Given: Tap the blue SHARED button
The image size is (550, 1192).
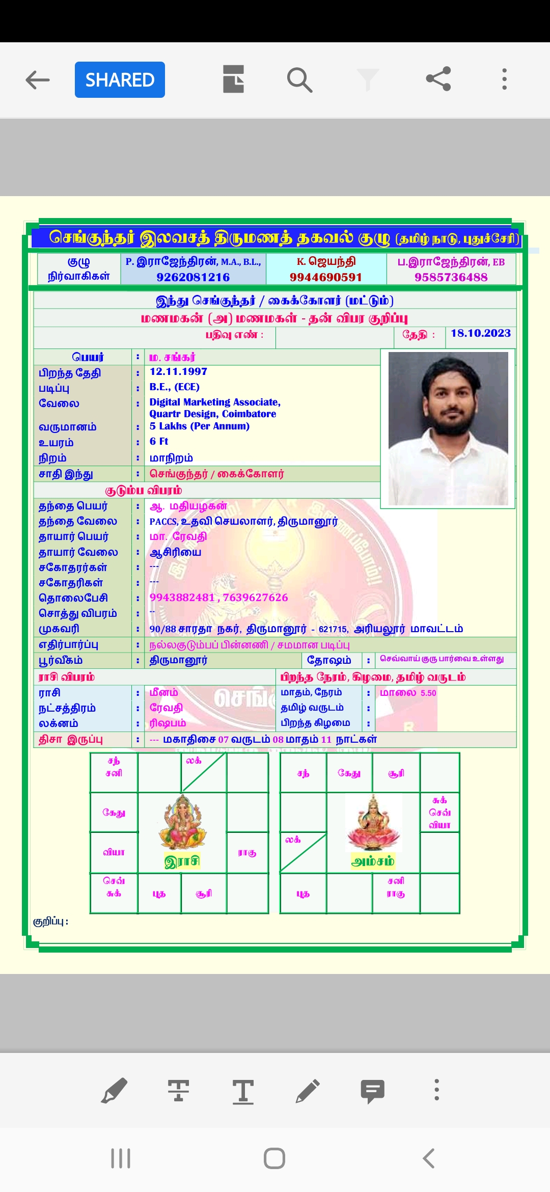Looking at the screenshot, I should pyautogui.click(x=120, y=79).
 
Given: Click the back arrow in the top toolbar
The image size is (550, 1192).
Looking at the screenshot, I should pyautogui.click(x=38, y=80).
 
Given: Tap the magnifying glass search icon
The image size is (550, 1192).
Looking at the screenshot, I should pyautogui.click(x=299, y=80).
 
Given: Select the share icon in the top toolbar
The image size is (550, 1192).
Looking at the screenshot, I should pyautogui.click(x=438, y=79).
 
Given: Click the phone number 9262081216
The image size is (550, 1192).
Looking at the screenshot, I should pyautogui.click(x=193, y=277).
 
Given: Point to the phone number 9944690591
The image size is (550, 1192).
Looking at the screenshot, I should pyautogui.click(x=326, y=277).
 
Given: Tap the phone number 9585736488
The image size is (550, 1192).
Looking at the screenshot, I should pyautogui.click(x=451, y=277).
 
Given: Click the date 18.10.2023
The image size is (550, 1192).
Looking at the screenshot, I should pyautogui.click(x=480, y=333).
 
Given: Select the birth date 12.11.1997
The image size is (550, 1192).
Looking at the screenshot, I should pyautogui.click(x=178, y=372).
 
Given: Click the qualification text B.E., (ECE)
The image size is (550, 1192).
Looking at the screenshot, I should pyautogui.click(x=174, y=387).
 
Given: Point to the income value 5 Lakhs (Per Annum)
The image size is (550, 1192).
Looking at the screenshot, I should pyautogui.click(x=199, y=426).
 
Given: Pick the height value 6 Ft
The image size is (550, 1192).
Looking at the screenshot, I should pyautogui.click(x=158, y=442).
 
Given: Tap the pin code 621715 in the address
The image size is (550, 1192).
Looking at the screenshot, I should pyautogui.click(x=333, y=630).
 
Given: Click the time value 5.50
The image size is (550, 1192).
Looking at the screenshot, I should pyautogui.click(x=428, y=693).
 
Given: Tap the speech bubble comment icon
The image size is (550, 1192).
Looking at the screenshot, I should pyautogui.click(x=372, y=1091).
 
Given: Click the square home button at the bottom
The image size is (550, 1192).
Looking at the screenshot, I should pyautogui.click(x=274, y=1158).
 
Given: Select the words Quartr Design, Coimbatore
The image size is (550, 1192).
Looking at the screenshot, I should pyautogui.click(x=212, y=414).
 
